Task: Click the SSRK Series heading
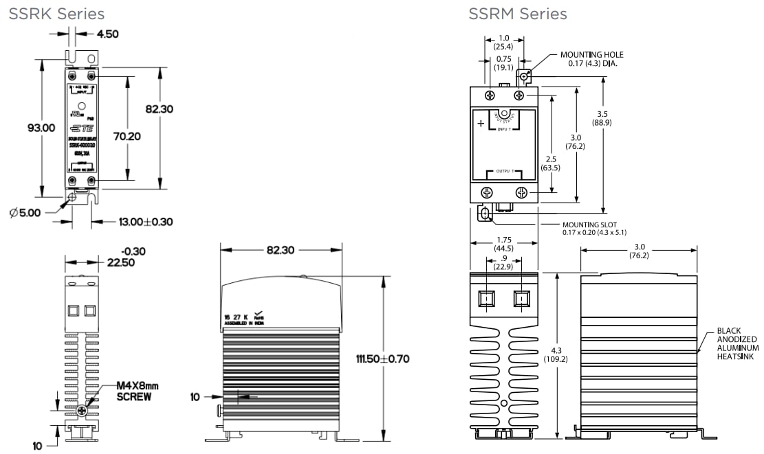pos(56,14)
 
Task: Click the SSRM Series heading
pos(518,14)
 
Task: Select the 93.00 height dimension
pos(41,128)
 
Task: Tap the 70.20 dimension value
pos(127,136)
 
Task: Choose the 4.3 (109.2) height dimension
pos(558,354)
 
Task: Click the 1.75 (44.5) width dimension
pos(504,244)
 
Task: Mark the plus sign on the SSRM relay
pos(480,124)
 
